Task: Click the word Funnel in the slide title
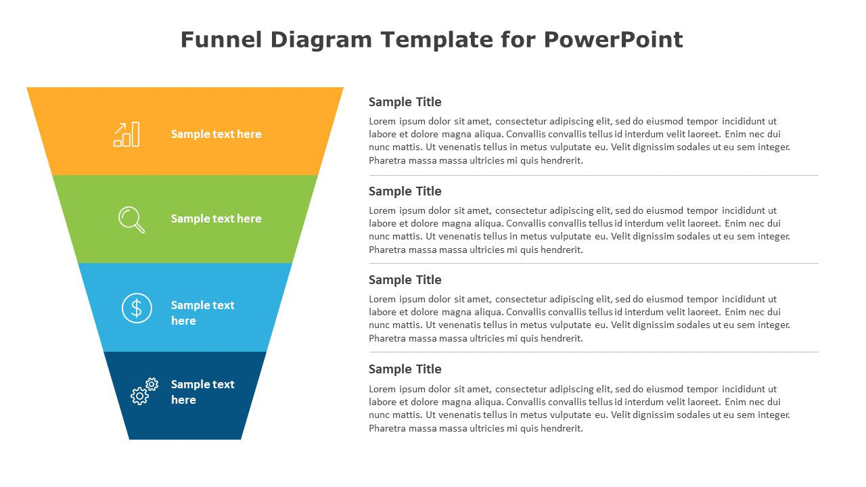pos(221,39)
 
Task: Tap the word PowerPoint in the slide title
pos(613,39)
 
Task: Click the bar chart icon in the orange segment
pos(127,135)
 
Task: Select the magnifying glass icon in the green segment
pos(131,220)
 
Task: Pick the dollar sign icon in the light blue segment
pos(137,308)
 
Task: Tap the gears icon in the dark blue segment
pos(145,391)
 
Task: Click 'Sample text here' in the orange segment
pos(216,134)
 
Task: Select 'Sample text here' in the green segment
pos(216,218)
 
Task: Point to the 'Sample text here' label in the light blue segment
pos(202,312)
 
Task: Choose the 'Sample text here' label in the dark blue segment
pos(202,392)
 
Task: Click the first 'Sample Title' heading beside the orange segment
pos(405,102)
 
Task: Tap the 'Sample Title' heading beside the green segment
pos(405,191)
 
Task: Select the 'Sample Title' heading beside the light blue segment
pos(405,280)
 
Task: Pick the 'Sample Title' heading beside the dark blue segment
pos(405,369)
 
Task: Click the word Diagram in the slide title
pos(321,39)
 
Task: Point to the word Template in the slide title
pos(437,39)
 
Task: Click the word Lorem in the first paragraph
pos(382,121)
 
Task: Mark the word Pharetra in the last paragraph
pos(387,428)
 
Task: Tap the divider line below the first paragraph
pos(593,175)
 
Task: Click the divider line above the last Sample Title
pos(593,352)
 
